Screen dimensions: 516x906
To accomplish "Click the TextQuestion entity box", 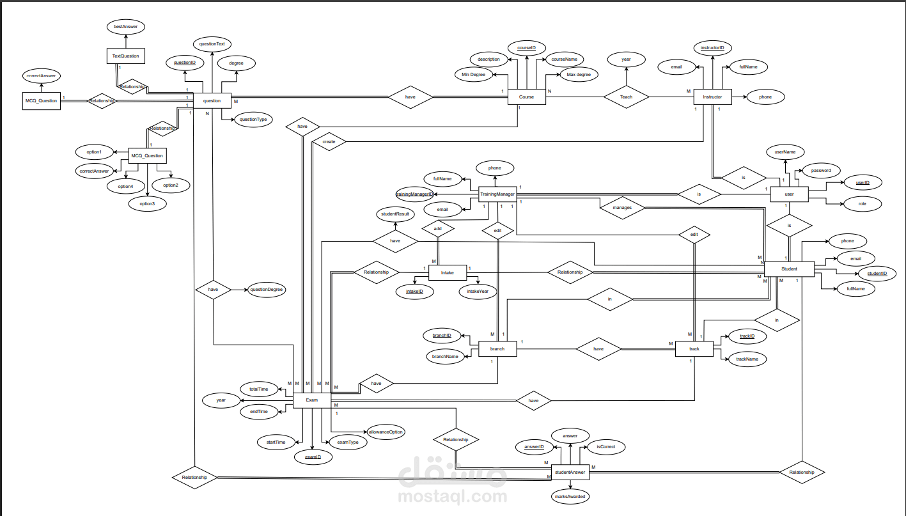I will [x=125, y=56].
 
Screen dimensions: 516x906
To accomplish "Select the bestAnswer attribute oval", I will [x=125, y=27].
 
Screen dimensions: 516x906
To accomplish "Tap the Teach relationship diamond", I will [x=626, y=97].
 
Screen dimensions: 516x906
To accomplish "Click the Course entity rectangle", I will [x=527, y=97].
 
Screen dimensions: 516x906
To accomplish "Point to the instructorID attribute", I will [x=712, y=48].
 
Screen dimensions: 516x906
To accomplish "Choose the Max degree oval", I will [x=578, y=75].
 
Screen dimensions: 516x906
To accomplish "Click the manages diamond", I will [x=622, y=207].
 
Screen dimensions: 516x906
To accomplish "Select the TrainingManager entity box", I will [x=497, y=194].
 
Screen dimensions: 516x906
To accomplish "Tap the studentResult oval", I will [x=394, y=214].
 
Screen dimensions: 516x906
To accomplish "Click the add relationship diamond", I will [x=438, y=228].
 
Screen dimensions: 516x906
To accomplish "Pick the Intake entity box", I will [x=447, y=273].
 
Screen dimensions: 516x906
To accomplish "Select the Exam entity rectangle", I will [x=311, y=400].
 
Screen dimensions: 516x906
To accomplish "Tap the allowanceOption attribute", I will [x=386, y=432].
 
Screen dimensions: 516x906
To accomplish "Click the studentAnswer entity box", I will [x=570, y=473].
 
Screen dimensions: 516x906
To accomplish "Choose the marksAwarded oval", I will [x=569, y=496].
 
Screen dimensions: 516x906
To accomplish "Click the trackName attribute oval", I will [x=747, y=359].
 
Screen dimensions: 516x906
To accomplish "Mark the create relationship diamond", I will [x=329, y=141].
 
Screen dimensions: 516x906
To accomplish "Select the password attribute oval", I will [x=821, y=171].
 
